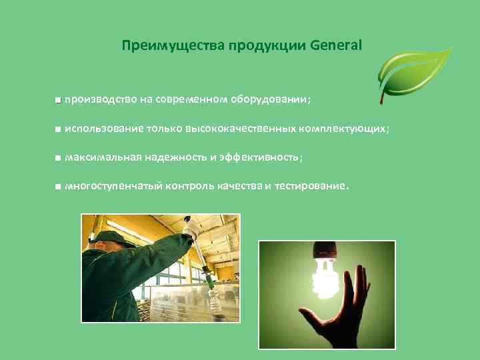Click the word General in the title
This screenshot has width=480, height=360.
(x=335, y=46)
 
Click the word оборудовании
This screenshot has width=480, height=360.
(x=269, y=100)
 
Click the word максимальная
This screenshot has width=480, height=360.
(x=102, y=157)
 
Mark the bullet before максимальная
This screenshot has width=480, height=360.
(x=59, y=158)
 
